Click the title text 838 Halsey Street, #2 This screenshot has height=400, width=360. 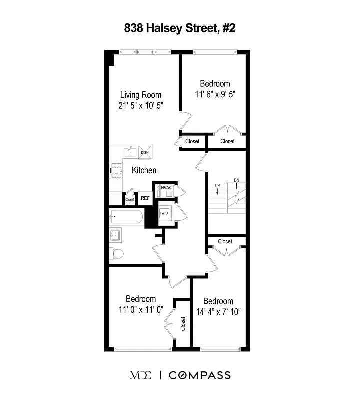pyautogui.click(x=179, y=29)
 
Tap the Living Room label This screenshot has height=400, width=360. pyautogui.click(x=141, y=95)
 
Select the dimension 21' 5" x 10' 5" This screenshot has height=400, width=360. pyautogui.click(x=141, y=106)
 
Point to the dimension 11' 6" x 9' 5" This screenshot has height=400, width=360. pyautogui.click(x=215, y=93)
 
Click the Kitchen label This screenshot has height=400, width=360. pyautogui.click(x=144, y=170)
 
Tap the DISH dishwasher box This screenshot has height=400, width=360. pyautogui.click(x=145, y=152)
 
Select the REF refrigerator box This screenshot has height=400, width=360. pyautogui.click(x=145, y=198)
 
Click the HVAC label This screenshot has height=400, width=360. pyautogui.click(x=166, y=188)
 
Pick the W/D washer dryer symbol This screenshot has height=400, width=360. pyautogui.click(x=164, y=213)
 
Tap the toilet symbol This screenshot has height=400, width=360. pyautogui.click(x=116, y=254)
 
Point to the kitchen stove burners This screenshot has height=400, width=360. pyautogui.click(x=116, y=170)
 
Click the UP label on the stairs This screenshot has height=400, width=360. pyautogui.click(x=217, y=186)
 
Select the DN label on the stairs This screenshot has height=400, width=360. pyautogui.click(x=236, y=180)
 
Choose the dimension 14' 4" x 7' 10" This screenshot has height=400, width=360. pyautogui.click(x=218, y=312)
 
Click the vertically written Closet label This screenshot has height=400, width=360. pyautogui.click(x=183, y=324)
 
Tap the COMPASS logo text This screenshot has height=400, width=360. pyautogui.click(x=199, y=375)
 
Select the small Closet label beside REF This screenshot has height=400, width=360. pyautogui.click(x=130, y=199)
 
